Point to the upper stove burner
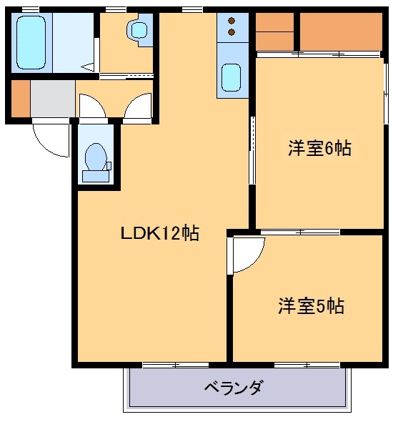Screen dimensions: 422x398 [x=232, y=21]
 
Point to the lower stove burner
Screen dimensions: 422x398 [x=232, y=32]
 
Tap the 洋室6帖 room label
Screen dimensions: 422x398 [x=319, y=149]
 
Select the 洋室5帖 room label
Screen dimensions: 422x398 [x=311, y=306]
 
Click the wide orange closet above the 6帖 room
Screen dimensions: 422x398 [x=340, y=31]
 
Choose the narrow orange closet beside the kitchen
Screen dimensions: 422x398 [x=274, y=31]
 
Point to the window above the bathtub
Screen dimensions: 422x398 [x=30, y=9]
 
